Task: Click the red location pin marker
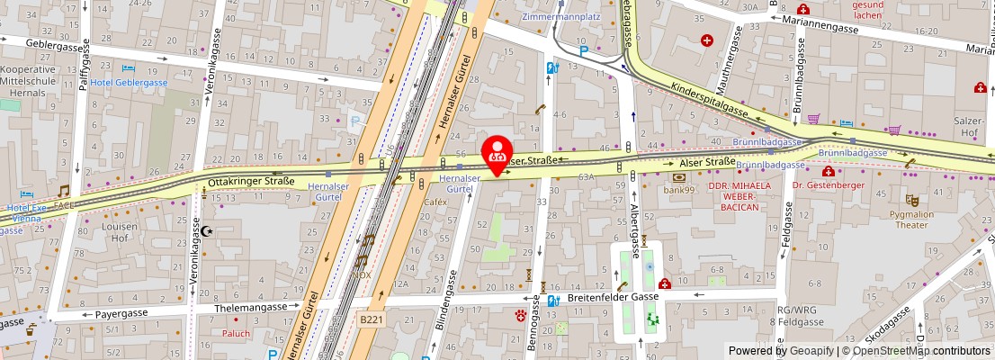(x=497, y=154)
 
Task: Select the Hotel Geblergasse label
(x=129, y=82)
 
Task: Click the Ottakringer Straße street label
(x=251, y=181)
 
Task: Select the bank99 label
(x=679, y=190)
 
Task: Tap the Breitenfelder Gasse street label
(x=614, y=296)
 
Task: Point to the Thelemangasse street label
(x=251, y=307)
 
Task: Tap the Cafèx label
(x=435, y=202)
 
